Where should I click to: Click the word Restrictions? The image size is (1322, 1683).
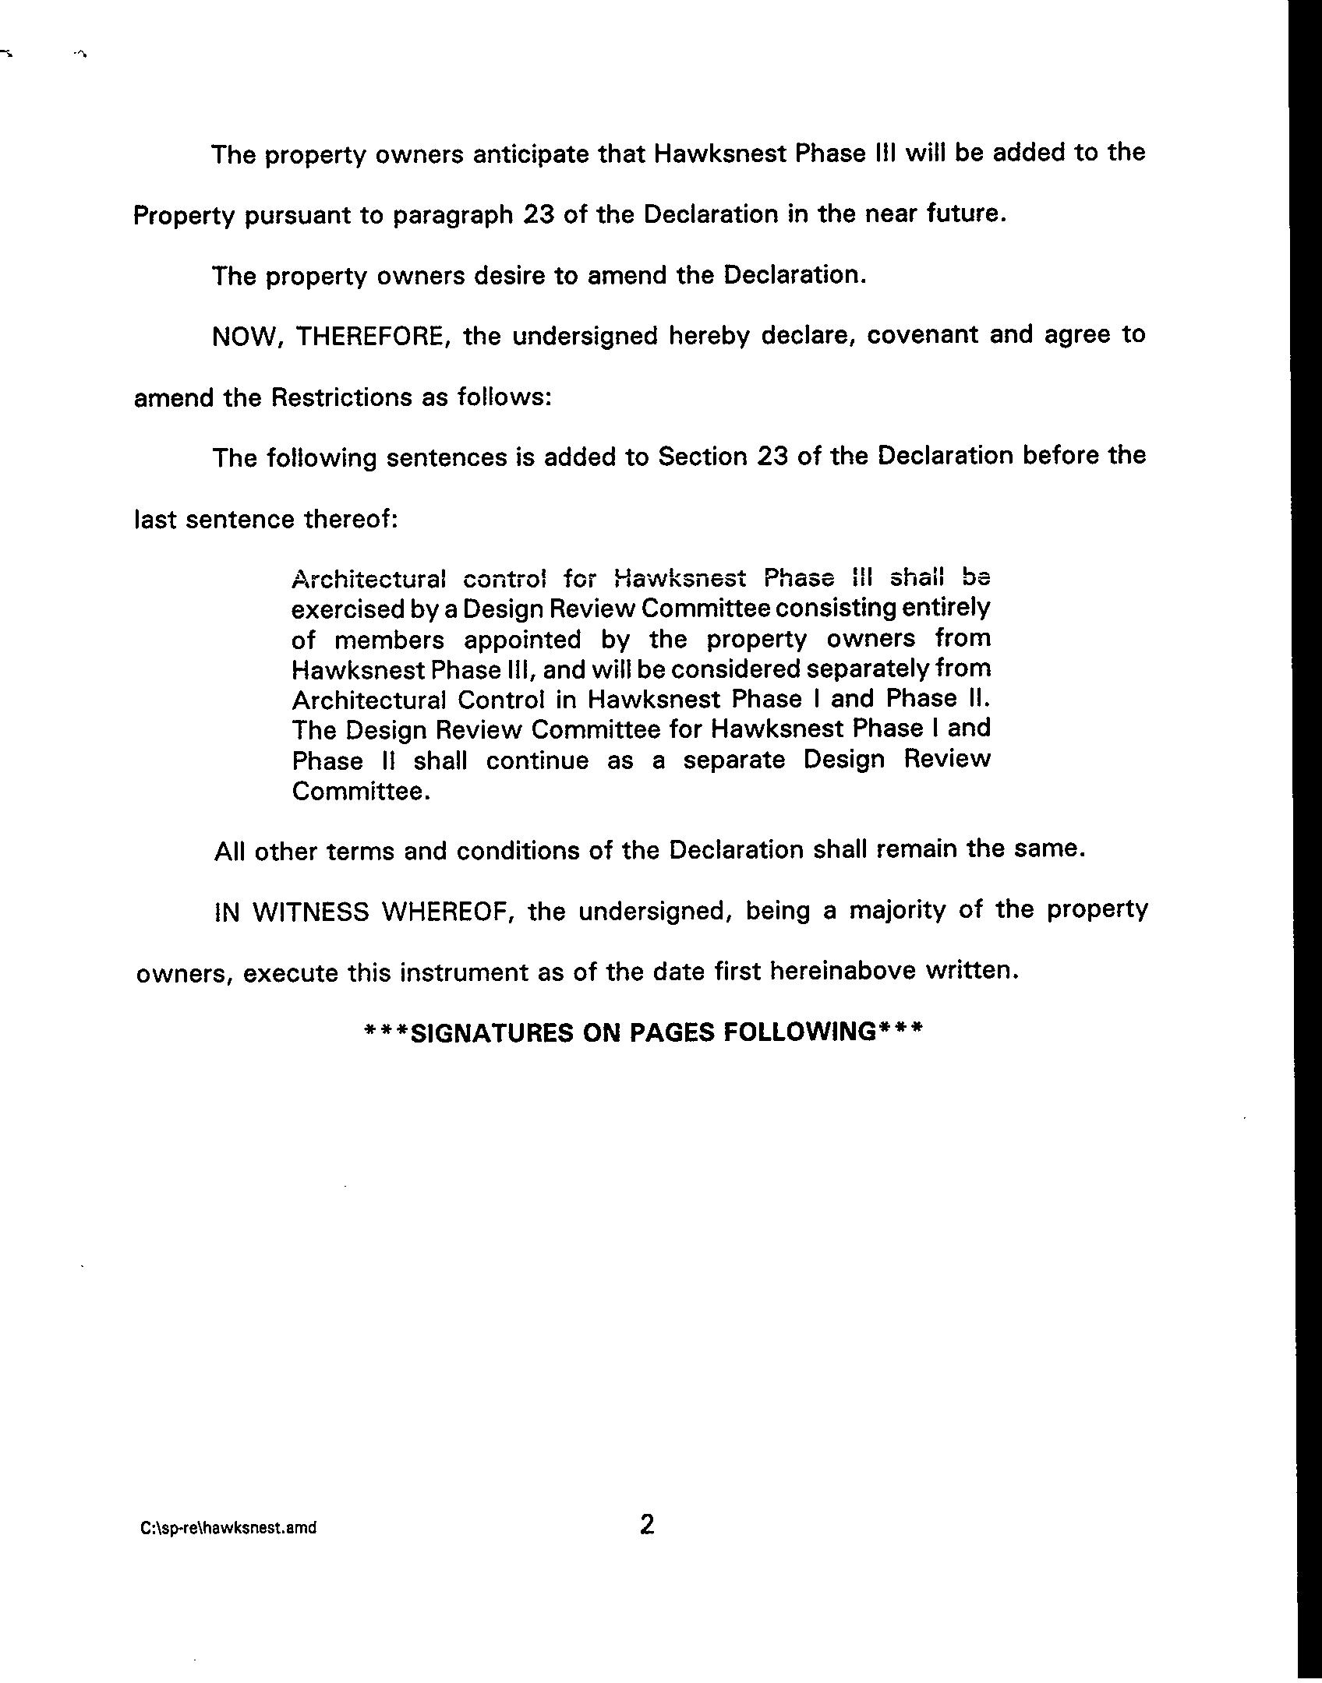tap(341, 397)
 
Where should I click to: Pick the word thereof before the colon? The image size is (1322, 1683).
tap(348, 519)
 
